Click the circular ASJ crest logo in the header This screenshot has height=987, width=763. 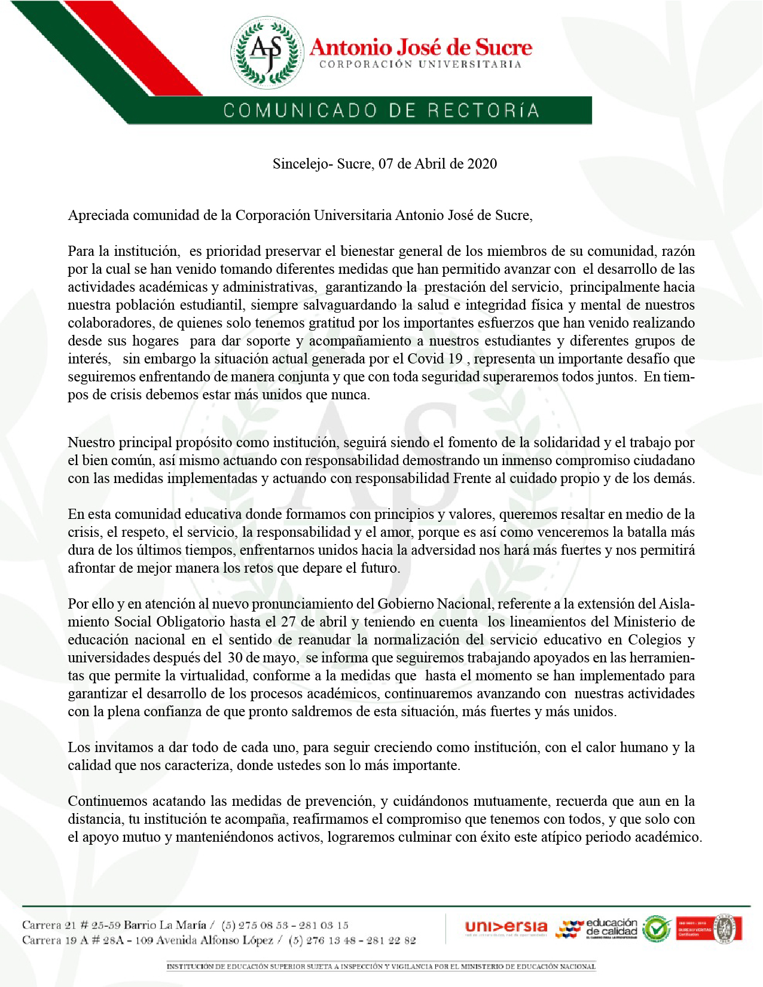click(265, 51)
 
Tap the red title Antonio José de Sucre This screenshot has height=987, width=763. click(420, 47)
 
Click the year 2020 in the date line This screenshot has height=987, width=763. click(481, 164)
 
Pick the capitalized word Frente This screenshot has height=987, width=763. click(472, 478)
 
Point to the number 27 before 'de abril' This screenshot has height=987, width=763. click(288, 622)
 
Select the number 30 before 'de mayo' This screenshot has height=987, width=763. click(234, 658)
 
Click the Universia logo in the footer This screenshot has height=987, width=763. click(506, 928)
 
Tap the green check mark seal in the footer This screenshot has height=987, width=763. click(657, 929)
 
